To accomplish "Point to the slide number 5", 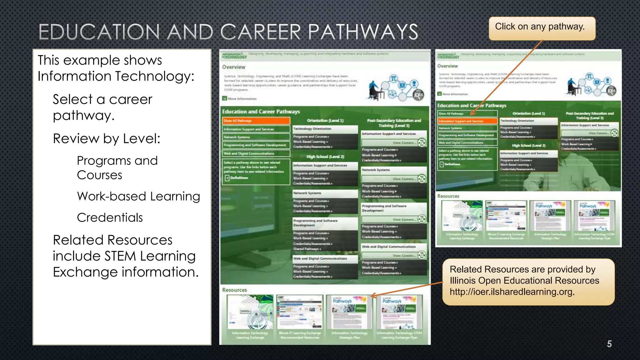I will coord(609,344).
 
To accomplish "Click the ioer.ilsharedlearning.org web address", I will coord(512,292).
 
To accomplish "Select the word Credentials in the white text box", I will coord(110,217).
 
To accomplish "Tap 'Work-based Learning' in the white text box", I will coord(138,196).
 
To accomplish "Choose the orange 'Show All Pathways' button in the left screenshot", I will coord(256,121).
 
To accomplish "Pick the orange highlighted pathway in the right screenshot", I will coord(467,121).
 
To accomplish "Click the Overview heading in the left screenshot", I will coord(234,67).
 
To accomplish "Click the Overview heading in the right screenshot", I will coord(447,66).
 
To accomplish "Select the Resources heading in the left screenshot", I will coord(234,290).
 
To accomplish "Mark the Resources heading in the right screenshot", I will coord(448,196).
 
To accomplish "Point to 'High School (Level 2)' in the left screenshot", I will coord(325,157).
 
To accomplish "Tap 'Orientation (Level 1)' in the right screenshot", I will coord(529,113).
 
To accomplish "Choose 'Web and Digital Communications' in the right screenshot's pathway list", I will coord(467,143).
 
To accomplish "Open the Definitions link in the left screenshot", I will coord(239,178).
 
